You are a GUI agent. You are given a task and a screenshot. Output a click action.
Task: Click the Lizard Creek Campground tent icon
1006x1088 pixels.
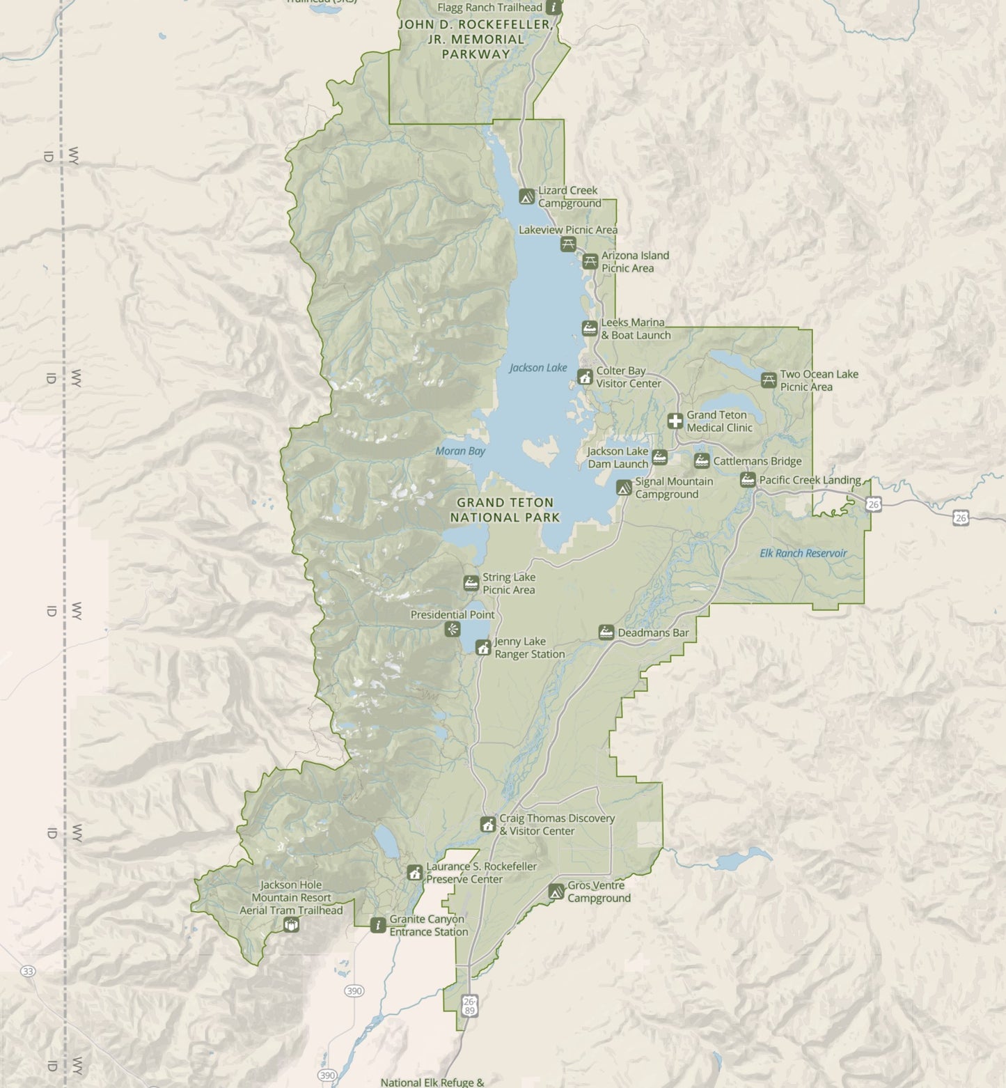point(527,197)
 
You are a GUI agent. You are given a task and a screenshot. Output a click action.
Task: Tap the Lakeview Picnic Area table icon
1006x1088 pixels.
point(568,244)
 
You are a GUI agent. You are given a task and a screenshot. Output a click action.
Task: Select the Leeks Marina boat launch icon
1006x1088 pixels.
point(590,329)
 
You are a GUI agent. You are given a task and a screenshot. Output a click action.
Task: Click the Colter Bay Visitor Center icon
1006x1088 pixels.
point(585,378)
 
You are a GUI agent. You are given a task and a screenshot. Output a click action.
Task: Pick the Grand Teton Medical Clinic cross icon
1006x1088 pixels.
point(675,421)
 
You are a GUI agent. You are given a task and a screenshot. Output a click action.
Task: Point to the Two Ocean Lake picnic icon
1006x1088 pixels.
point(769,380)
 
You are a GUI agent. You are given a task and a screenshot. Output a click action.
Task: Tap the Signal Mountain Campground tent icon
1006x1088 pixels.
point(624,488)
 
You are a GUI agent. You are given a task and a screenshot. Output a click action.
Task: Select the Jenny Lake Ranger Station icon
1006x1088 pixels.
point(483,648)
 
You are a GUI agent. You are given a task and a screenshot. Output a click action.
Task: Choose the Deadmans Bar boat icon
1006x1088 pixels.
point(606,632)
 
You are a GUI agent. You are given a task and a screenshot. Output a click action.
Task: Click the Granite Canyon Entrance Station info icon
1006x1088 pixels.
point(378,925)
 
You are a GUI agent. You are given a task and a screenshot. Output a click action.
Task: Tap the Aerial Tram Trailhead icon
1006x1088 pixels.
point(291,924)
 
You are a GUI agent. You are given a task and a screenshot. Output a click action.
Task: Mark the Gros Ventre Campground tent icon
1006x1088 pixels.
point(556,892)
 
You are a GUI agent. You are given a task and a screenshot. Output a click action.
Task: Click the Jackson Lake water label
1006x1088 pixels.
point(538,368)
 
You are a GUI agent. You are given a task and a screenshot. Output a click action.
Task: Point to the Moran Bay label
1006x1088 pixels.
point(460,451)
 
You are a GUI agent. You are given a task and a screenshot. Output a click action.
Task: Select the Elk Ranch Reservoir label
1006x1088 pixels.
point(803,553)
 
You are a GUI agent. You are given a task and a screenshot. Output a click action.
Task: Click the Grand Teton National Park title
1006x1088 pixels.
point(505,510)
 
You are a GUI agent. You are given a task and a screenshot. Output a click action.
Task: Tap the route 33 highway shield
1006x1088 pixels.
point(28,971)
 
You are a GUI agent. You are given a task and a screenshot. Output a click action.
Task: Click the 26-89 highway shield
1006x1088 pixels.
point(469,1006)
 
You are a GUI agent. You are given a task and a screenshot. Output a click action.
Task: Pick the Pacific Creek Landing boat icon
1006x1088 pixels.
point(748,480)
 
